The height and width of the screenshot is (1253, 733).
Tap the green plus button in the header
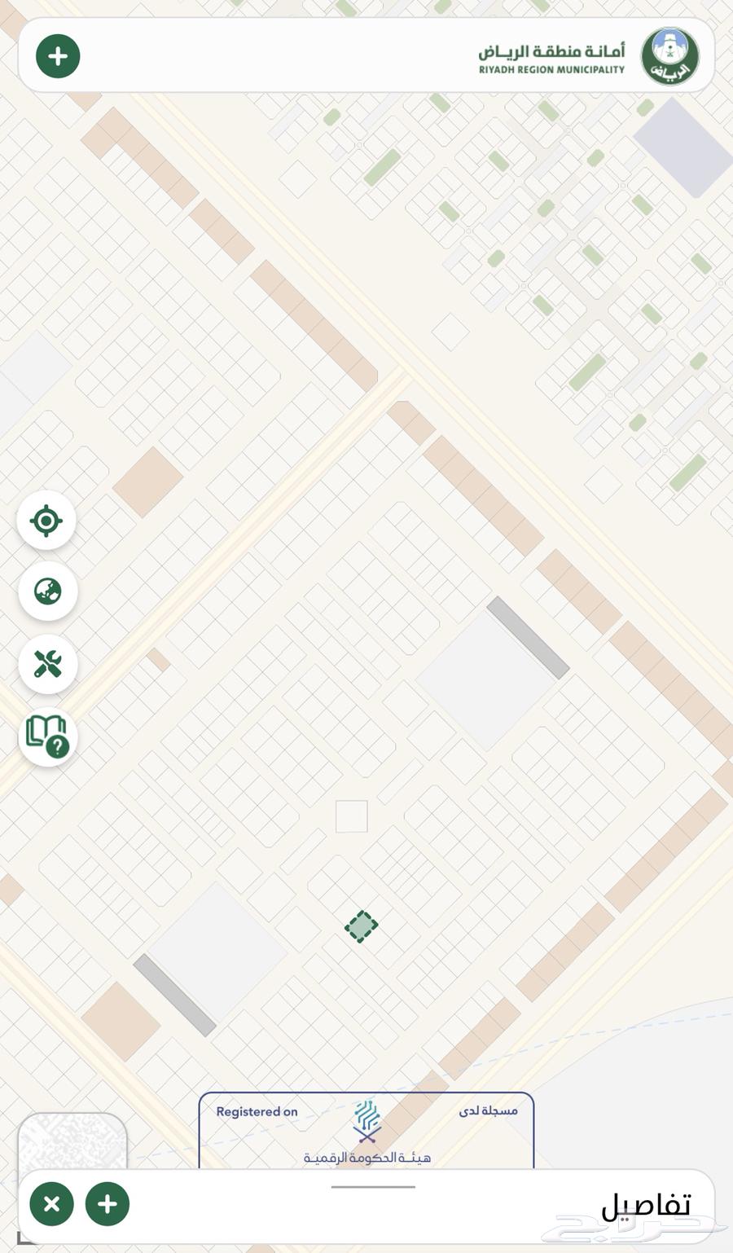pos(58,56)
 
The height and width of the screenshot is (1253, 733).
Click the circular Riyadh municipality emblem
pos(669,56)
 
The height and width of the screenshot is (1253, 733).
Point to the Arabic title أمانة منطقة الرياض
pos(551,51)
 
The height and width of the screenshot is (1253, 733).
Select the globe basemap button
pos(47,591)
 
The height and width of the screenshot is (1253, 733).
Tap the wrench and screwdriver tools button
pos(47,664)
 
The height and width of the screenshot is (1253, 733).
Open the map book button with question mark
pos(47,736)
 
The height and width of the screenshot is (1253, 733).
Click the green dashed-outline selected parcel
pos(361,926)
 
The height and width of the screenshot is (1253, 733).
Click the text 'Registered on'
pos(257,1112)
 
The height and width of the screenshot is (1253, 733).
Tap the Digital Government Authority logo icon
pos(367,1121)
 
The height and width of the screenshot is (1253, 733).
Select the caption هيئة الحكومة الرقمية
pos(367,1158)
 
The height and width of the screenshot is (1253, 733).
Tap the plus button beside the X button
pos(107,1204)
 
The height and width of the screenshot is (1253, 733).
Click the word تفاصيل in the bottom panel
pos(646,1205)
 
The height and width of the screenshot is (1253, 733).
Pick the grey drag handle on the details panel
pos(373,1187)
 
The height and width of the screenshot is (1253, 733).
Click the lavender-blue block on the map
pos(683,147)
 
